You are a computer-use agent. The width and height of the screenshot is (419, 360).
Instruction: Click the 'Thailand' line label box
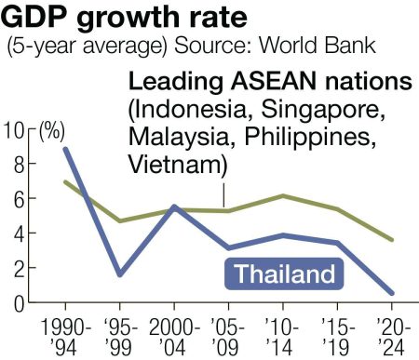[x=283, y=274]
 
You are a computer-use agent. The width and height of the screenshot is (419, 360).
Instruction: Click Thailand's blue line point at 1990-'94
[x=65, y=149]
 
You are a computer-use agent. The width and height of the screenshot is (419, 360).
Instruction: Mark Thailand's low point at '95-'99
[x=119, y=275]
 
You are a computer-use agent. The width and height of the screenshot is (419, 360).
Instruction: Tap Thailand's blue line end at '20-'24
[x=391, y=293]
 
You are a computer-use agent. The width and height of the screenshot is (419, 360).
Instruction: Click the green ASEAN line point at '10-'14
[x=282, y=196]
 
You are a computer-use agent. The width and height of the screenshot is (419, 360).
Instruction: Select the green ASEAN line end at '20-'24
[x=391, y=240]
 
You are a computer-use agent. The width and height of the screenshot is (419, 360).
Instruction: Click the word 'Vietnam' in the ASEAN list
[x=173, y=166]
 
